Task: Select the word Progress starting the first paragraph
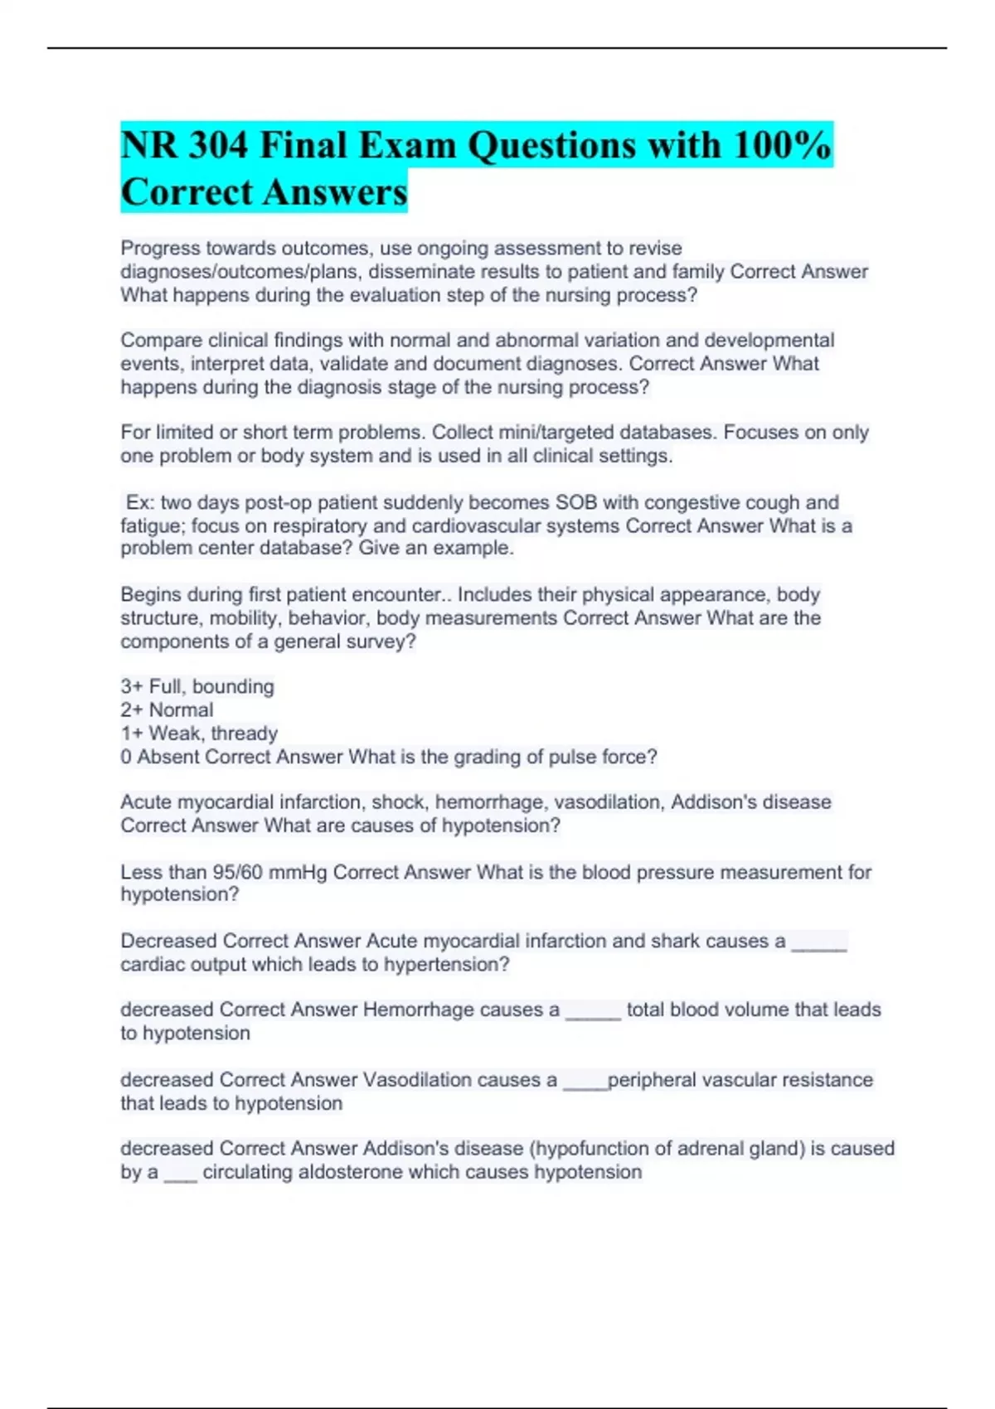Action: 160,249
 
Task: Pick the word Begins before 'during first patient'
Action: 150,595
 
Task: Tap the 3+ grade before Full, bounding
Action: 131,687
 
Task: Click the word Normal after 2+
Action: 181,710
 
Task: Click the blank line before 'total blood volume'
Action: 593,1014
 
